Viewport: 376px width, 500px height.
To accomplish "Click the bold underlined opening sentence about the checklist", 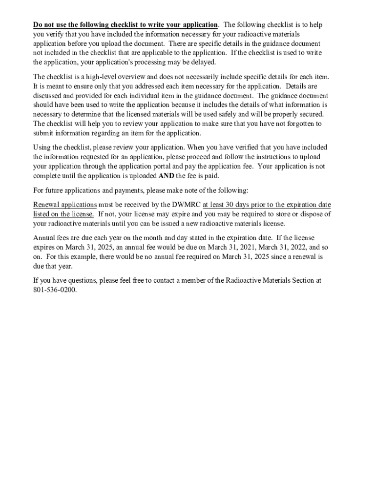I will click(125, 25).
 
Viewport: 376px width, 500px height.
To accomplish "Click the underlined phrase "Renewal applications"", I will click(65, 205).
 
